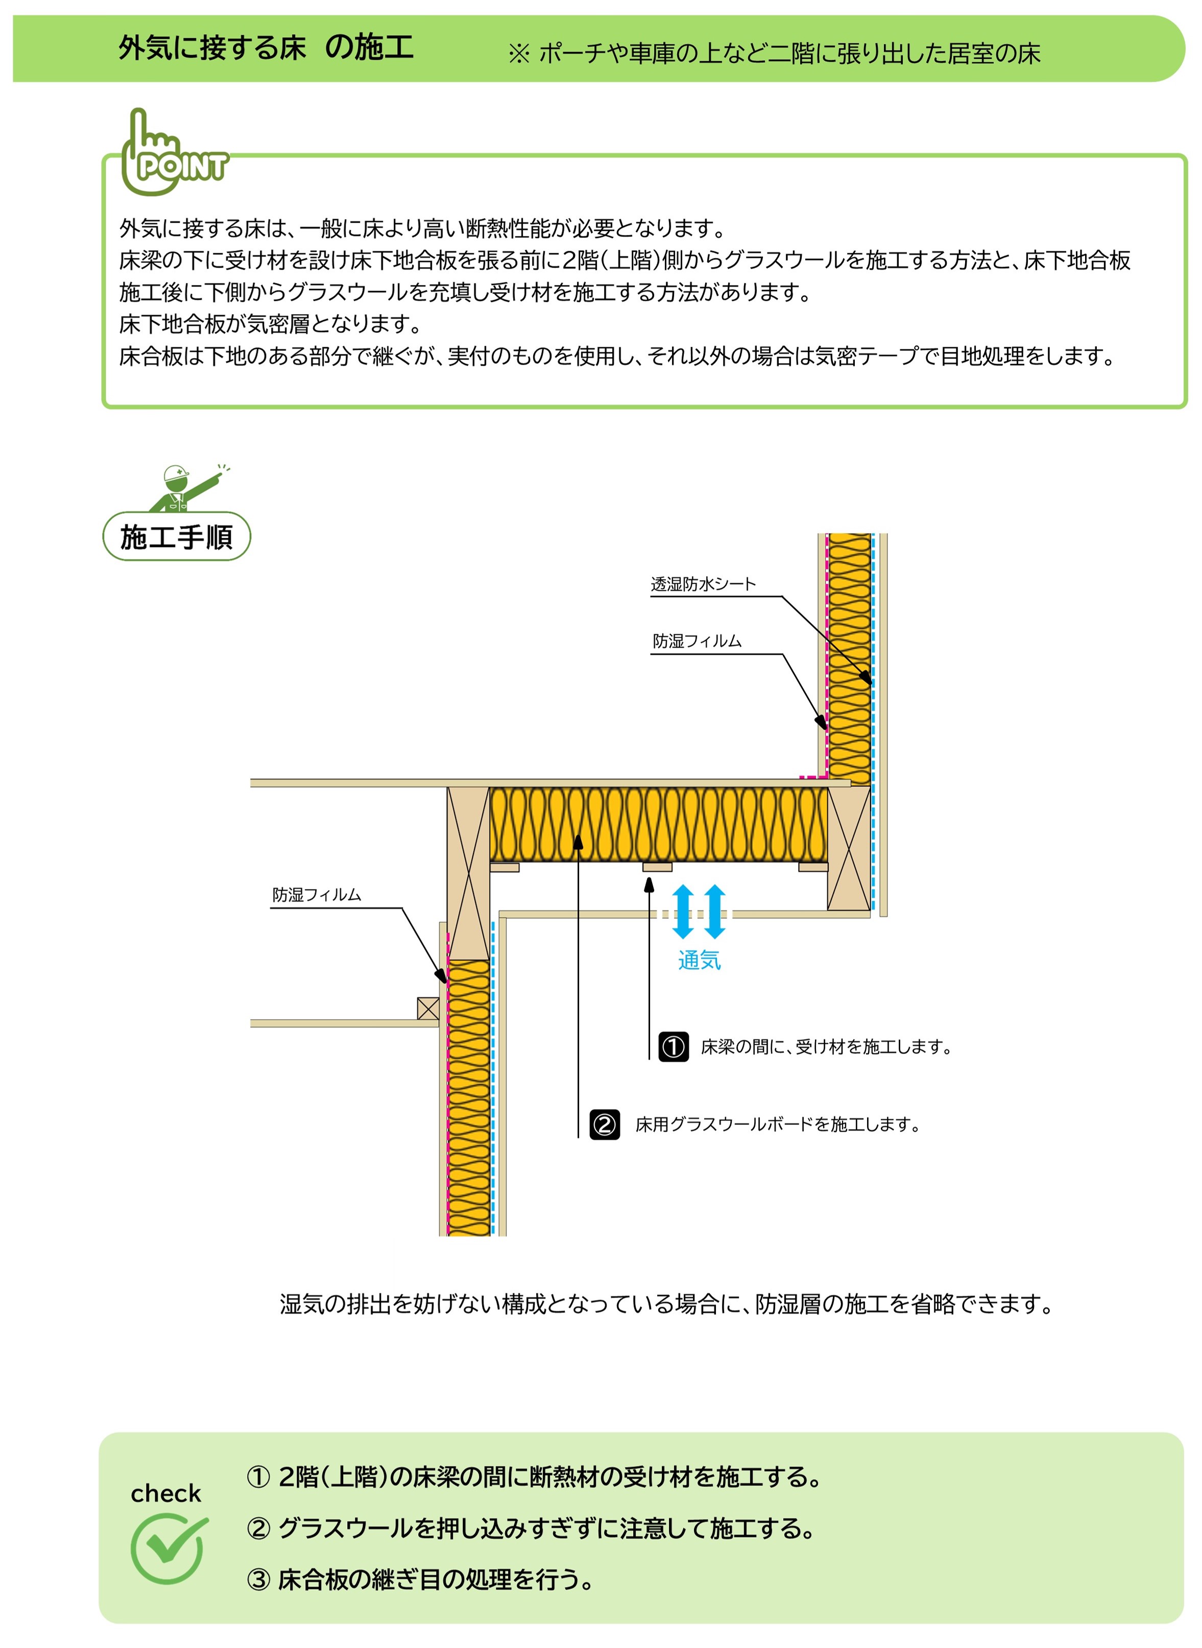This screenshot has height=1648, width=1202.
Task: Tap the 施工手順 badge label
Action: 177,537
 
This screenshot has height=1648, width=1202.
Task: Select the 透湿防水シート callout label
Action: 704,584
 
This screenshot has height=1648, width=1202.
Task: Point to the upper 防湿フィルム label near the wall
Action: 697,641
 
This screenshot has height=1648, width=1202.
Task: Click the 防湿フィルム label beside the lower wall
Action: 317,895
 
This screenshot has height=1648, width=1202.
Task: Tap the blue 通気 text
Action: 699,961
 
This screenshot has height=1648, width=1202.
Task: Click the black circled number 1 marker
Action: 674,1047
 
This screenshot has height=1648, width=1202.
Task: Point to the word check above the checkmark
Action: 166,1493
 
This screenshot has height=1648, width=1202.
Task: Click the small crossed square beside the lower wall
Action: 428,1009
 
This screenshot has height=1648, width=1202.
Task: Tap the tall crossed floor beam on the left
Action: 468,873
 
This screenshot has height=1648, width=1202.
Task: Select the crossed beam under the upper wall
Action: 849,848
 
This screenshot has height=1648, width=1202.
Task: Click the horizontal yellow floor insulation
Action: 659,825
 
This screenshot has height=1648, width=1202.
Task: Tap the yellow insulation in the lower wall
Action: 469,1098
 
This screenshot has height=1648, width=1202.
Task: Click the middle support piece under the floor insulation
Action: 657,867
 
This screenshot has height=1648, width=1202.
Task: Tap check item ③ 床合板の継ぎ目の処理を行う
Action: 421,1580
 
